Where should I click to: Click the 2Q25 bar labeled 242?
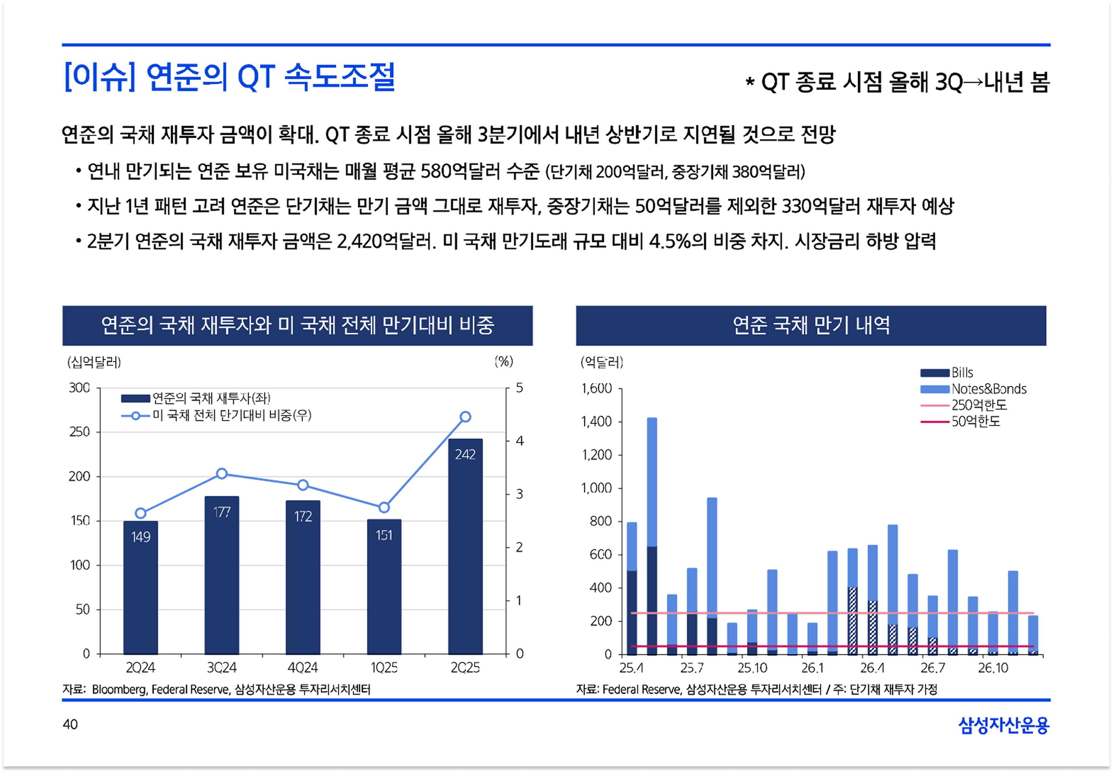(x=465, y=546)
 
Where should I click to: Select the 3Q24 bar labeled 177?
(x=222, y=576)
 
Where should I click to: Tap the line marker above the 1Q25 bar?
(x=384, y=507)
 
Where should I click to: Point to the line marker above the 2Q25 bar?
(x=465, y=417)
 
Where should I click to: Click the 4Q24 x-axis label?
(x=303, y=668)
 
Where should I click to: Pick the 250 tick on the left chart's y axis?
(x=80, y=432)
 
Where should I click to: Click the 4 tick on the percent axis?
(x=520, y=441)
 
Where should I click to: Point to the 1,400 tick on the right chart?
(x=597, y=422)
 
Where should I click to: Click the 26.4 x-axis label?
(x=872, y=668)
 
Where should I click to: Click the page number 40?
(x=70, y=724)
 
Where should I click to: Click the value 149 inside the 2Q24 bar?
(x=141, y=537)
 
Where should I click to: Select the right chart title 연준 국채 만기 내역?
(x=811, y=326)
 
